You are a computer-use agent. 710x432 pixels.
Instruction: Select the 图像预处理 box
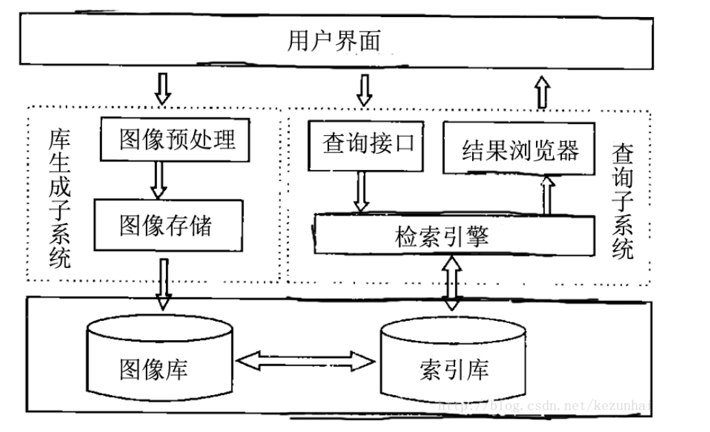[177, 140]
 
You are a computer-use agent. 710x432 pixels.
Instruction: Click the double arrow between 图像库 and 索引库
[304, 359]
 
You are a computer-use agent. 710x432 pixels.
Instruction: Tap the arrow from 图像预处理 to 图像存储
[158, 180]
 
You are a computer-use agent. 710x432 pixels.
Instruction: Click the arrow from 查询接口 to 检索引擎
[362, 191]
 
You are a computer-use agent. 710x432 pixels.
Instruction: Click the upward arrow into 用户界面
[543, 91]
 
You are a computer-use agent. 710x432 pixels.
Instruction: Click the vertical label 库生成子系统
[58, 199]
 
